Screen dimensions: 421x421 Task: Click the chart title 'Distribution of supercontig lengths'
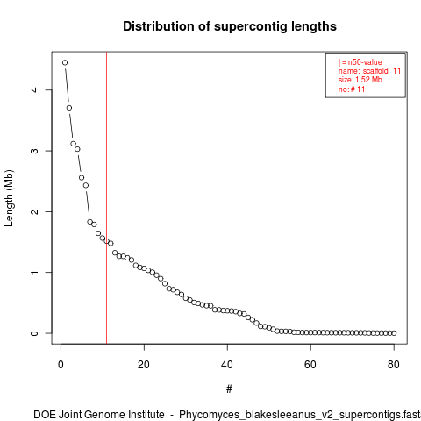[230, 26]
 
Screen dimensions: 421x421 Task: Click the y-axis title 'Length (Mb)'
[9, 198]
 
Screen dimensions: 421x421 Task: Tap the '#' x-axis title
[229, 389]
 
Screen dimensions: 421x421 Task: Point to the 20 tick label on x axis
[144, 365]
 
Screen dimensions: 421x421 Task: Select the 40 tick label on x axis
[227, 365]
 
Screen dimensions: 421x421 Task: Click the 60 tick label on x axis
[310, 365]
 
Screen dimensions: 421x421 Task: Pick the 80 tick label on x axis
[394, 365]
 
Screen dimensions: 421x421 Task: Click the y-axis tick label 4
[34, 89]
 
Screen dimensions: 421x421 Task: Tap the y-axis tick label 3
[34, 151]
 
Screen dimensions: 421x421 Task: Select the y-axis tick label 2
[34, 211]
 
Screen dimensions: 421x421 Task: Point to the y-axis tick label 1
[34, 272]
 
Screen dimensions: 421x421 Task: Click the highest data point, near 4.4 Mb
[65, 62]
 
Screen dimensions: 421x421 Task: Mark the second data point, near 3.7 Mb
[69, 108]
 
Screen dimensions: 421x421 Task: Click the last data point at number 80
[394, 333]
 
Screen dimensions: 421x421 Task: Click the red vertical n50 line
[106, 198]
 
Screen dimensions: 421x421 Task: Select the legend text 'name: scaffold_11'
[369, 71]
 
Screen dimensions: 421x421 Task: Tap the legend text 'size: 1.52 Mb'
[360, 80]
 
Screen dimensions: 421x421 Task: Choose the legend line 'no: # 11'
[352, 89]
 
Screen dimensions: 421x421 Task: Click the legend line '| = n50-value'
[360, 62]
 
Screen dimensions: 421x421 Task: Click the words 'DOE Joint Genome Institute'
[99, 415]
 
